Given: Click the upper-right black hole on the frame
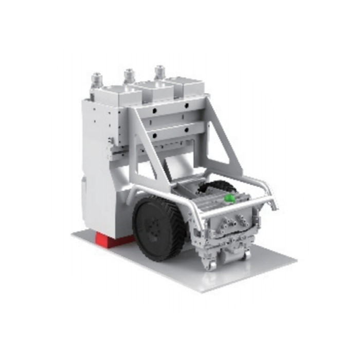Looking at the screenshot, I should click(186, 105).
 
